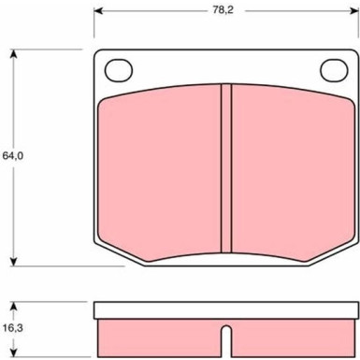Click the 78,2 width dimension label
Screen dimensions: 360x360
click(223, 10)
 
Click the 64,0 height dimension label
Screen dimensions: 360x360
click(13, 155)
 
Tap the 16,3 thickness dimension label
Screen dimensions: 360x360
click(13, 328)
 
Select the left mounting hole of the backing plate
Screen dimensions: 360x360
click(119, 70)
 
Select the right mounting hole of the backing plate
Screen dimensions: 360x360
click(334, 70)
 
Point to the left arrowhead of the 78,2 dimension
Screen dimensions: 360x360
click(98, 11)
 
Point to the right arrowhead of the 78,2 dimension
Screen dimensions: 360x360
click(354, 11)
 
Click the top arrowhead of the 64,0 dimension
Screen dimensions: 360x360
click(13, 54)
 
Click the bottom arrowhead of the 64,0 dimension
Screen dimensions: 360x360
click(13, 262)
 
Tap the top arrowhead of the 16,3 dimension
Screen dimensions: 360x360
click(13, 307)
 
